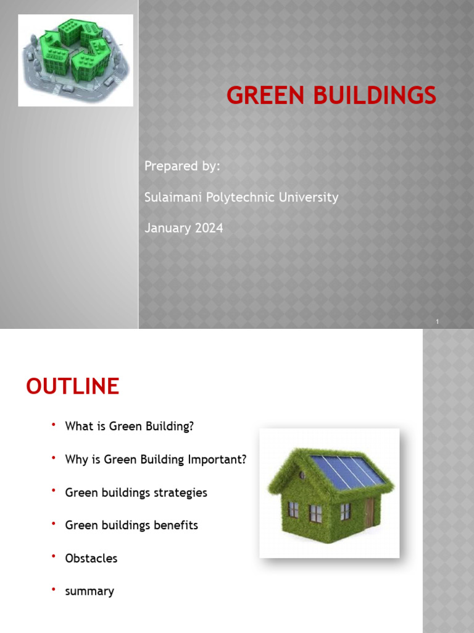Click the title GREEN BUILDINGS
(x=331, y=96)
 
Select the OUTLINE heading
(x=72, y=387)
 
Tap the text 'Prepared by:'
(x=181, y=166)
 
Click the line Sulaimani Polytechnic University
(x=241, y=197)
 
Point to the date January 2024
(x=183, y=228)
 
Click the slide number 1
(x=437, y=322)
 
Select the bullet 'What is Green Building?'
(x=133, y=427)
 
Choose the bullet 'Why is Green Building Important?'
(x=156, y=459)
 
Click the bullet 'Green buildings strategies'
(x=136, y=493)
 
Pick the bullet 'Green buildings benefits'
(x=131, y=525)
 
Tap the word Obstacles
(x=91, y=558)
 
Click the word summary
(x=89, y=592)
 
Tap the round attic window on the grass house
(x=302, y=475)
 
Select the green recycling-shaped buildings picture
(x=75, y=60)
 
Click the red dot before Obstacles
(x=54, y=557)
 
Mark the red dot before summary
(x=54, y=590)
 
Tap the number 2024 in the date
(x=209, y=228)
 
